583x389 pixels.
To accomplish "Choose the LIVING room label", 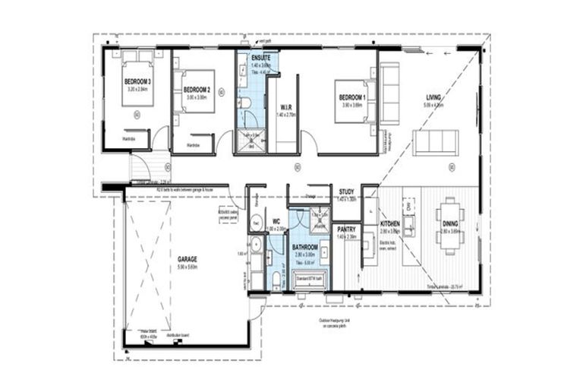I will point(433,98).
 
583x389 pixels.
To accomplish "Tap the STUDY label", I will point(346,191).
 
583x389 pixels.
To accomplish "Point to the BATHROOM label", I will point(307,247).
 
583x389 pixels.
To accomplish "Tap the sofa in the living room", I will point(435,142).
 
